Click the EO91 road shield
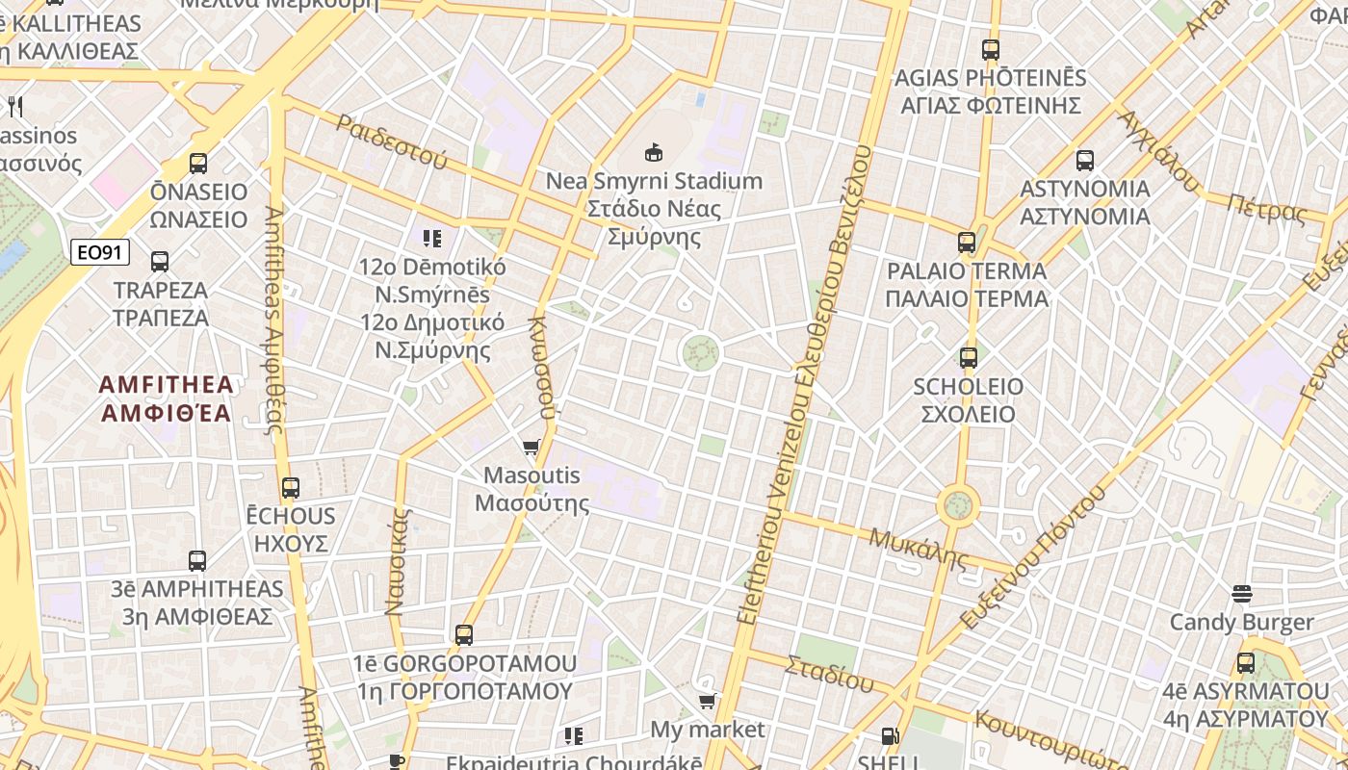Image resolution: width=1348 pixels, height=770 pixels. click(100, 252)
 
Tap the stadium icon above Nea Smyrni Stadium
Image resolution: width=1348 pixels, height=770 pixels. click(654, 152)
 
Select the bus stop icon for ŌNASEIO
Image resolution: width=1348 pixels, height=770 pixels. click(198, 164)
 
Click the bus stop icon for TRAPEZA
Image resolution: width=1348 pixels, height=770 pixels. click(160, 261)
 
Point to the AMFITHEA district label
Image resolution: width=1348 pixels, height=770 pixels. click(167, 398)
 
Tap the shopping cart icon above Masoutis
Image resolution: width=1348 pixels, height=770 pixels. click(531, 447)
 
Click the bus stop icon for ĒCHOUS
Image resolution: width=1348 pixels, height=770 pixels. click(291, 488)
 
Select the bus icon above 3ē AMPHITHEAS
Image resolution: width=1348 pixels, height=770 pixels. click(197, 560)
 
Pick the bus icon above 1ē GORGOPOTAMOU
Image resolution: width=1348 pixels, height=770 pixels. click(464, 635)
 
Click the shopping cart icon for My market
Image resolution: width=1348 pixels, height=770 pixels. click(708, 701)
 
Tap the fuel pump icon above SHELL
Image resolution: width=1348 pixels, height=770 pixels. click(891, 736)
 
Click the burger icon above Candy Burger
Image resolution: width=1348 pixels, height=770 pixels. click(1242, 594)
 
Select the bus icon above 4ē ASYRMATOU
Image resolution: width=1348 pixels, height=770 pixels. click(1246, 663)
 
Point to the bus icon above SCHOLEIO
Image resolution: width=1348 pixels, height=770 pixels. click(969, 358)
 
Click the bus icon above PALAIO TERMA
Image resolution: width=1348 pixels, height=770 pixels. click(967, 243)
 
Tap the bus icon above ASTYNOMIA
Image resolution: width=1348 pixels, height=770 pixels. click(1085, 161)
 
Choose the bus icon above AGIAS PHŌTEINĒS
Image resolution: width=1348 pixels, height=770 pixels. click(991, 50)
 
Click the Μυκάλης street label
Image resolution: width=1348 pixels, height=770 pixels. click(918, 548)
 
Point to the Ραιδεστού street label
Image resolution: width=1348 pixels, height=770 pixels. click(392, 141)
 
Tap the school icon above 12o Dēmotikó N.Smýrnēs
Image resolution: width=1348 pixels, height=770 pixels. click(432, 238)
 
